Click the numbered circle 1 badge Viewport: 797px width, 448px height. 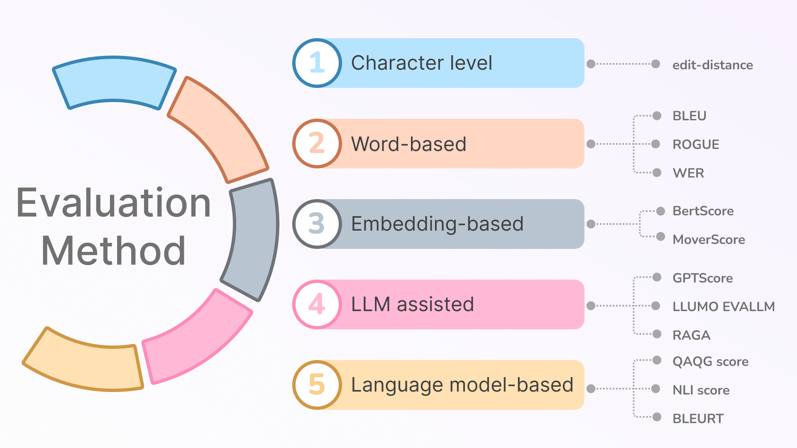pyautogui.click(x=317, y=63)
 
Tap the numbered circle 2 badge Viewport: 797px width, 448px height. pyautogui.click(x=317, y=144)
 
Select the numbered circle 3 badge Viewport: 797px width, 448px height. pyautogui.click(x=317, y=224)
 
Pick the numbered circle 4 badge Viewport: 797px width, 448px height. pyautogui.click(x=317, y=304)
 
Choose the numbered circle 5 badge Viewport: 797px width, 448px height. pyautogui.click(x=317, y=385)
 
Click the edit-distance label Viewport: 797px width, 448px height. pyautogui.click(x=712, y=65)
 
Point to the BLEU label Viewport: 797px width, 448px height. pyautogui.click(x=689, y=116)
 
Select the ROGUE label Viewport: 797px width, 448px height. pyautogui.click(x=696, y=144)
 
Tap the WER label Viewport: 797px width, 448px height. pyautogui.click(x=688, y=173)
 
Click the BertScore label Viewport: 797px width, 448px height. pyautogui.click(x=703, y=211)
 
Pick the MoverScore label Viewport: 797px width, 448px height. pyautogui.click(x=709, y=240)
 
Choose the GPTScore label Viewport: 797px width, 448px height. pyautogui.click(x=702, y=278)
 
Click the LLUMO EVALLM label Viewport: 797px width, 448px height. pyautogui.click(x=724, y=307)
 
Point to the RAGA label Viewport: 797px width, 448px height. pyautogui.click(x=691, y=335)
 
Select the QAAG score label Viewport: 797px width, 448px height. pyautogui.click(x=710, y=362)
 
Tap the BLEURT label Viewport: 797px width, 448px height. pyautogui.click(x=698, y=419)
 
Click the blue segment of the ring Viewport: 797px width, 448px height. pyautogui.click(x=114, y=81)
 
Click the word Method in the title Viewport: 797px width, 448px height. pyautogui.click(x=113, y=251)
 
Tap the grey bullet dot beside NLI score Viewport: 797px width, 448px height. pyautogui.click(x=656, y=389)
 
